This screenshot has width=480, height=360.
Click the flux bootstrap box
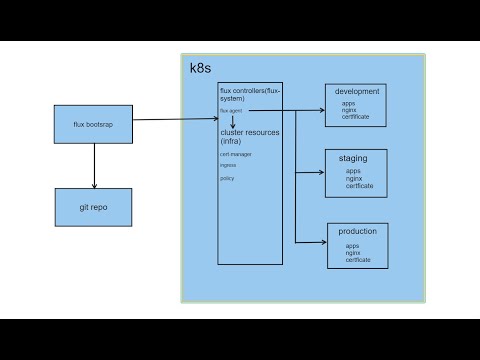(x=94, y=124)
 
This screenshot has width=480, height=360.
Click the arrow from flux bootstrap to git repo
(x=94, y=164)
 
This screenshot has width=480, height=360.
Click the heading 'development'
(x=356, y=91)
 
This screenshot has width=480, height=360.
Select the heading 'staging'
(x=357, y=158)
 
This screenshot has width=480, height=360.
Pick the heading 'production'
(x=357, y=232)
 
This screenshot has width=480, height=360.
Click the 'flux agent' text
(x=230, y=110)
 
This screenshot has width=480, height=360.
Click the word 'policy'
(x=227, y=178)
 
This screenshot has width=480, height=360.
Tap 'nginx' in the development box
(x=349, y=110)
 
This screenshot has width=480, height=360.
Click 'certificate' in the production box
(x=358, y=260)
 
